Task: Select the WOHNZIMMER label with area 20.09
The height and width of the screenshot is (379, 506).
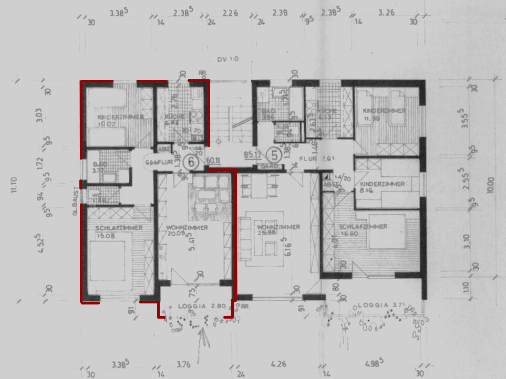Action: (187, 228)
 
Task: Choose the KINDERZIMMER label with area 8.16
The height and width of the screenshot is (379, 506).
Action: (382, 184)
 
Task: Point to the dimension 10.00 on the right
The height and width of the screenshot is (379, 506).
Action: (491, 186)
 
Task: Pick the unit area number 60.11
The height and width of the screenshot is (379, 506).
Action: (213, 161)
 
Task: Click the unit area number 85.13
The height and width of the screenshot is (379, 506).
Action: (253, 155)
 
